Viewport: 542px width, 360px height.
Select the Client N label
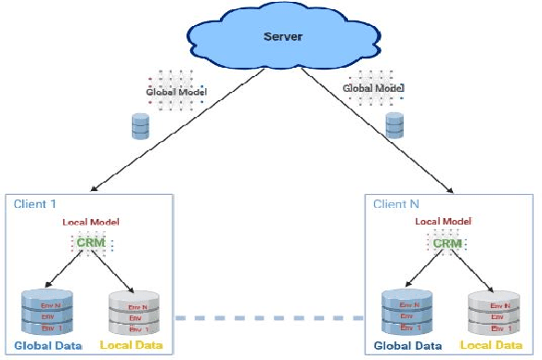396,203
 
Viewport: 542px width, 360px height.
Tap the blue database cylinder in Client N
409,314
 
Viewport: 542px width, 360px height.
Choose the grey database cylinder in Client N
493,314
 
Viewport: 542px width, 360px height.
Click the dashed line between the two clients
269,318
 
